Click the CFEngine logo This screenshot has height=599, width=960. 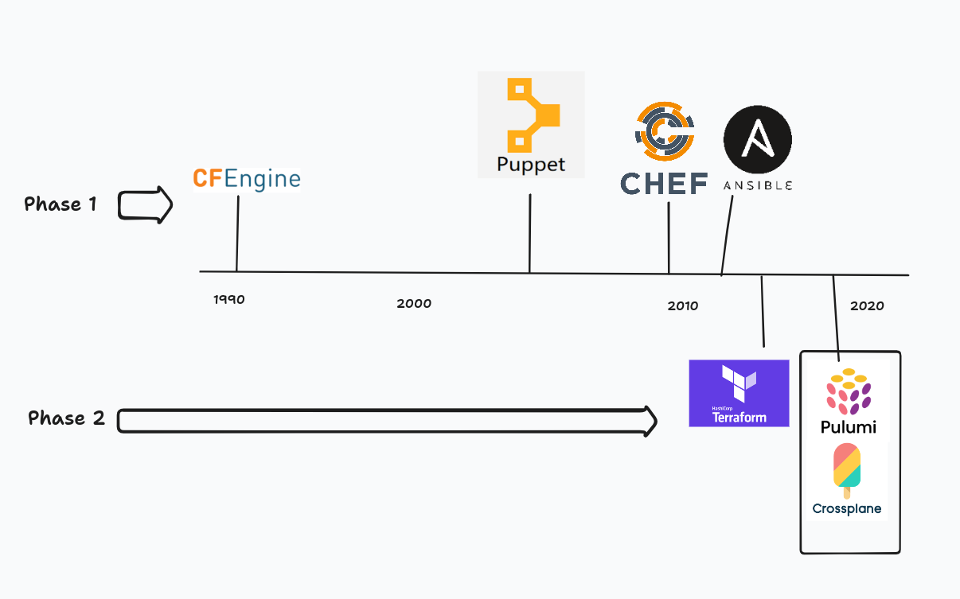click(247, 179)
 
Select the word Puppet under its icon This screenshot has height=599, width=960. click(531, 165)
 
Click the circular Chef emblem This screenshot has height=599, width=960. click(664, 131)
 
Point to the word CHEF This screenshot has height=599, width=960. click(664, 184)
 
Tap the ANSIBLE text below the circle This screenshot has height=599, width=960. click(758, 185)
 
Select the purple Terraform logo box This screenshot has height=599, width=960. click(739, 393)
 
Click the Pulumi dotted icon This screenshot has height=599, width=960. click(849, 391)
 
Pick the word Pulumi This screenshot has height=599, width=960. click(849, 427)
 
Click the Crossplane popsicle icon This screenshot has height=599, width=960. click(847, 469)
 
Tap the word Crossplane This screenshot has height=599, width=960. click(847, 508)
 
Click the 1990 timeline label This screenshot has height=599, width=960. click(229, 300)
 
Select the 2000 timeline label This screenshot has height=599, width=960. click(414, 303)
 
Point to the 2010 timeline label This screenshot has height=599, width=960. click(683, 305)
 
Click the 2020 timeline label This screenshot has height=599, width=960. click(867, 305)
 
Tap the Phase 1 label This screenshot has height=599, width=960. click(60, 204)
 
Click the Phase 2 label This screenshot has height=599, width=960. click(66, 418)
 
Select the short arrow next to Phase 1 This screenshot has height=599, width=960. click(146, 205)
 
